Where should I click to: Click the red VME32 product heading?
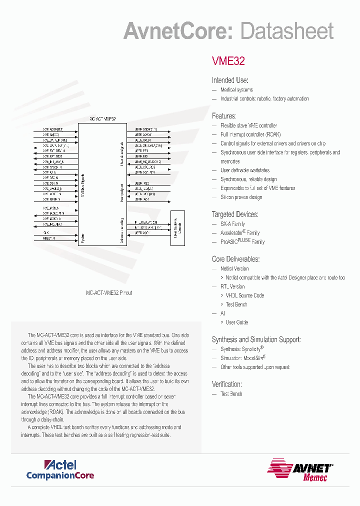tap(228, 61)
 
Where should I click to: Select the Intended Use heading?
tap(230, 80)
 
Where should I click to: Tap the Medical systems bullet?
tap(236, 90)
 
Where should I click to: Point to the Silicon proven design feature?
tap(241, 197)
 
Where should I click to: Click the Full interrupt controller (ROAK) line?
tap(250, 134)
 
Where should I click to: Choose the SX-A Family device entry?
tap(232, 224)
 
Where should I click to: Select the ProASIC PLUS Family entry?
tap(242, 241)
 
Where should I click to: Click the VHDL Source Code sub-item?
tap(244, 295)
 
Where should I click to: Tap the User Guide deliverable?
tap(236, 322)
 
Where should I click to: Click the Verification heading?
tap(227, 384)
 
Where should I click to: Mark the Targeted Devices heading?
tap(235, 214)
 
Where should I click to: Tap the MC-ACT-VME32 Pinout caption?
tap(109, 293)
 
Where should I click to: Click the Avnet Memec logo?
tap(300, 470)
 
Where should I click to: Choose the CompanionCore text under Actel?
tap(60, 475)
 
